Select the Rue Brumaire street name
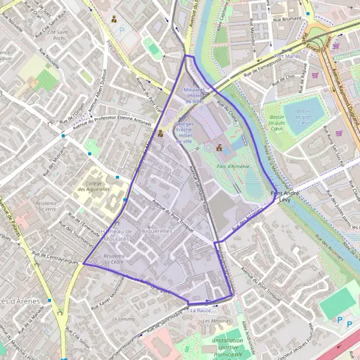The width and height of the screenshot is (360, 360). coord(287,19)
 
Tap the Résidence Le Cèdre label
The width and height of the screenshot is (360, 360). coord(114,259)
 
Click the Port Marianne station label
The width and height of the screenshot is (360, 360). coord(287,56)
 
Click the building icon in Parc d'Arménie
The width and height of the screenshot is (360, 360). coord(219,147)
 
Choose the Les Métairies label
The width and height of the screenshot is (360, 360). coord(217,321)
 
